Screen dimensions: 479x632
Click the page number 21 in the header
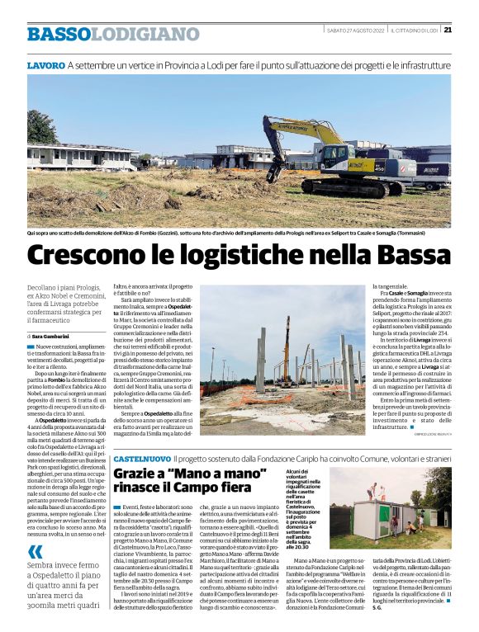447,31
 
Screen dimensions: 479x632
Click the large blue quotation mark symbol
35,551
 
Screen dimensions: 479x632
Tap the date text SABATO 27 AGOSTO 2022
355,31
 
